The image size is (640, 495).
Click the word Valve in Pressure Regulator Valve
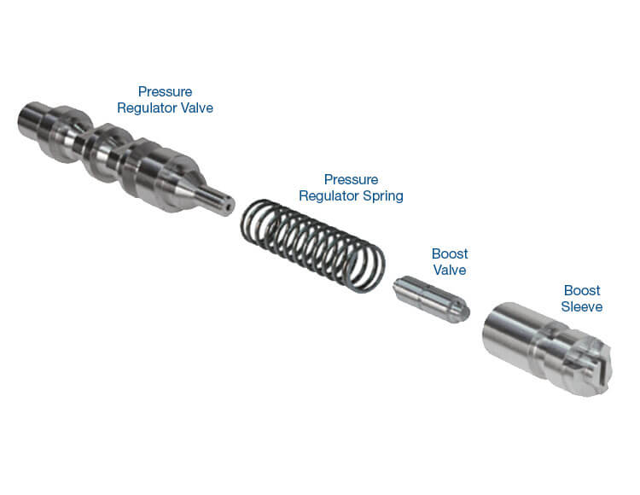pyautogui.click(x=197, y=108)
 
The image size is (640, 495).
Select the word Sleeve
pyautogui.click(x=582, y=306)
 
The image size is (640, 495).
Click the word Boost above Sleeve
pyautogui.click(x=582, y=290)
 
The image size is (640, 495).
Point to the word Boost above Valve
pyautogui.click(x=450, y=253)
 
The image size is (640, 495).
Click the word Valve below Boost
pyautogui.click(x=450, y=270)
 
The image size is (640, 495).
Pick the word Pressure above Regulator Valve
pyautogui.click(x=165, y=91)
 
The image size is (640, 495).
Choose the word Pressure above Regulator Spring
pyautogui.click(x=351, y=179)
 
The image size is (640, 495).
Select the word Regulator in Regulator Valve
pyautogui.click(x=148, y=108)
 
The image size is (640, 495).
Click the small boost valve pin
pyautogui.click(x=431, y=299)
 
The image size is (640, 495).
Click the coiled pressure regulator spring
pyautogui.click(x=312, y=246)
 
